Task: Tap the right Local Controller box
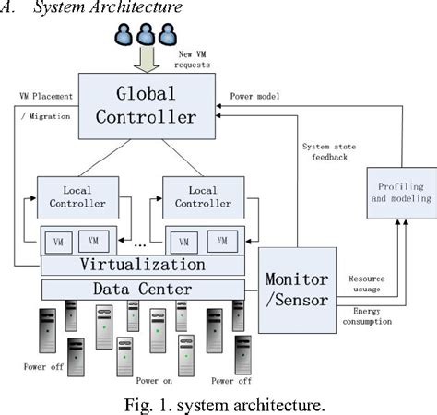[203, 196]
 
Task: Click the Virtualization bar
[144, 265]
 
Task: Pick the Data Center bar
[144, 290]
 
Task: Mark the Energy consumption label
[366, 315]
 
